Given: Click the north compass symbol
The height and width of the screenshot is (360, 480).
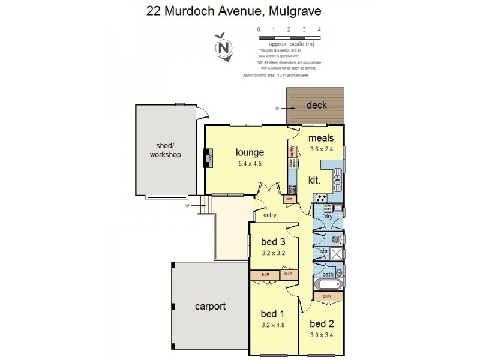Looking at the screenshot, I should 224,46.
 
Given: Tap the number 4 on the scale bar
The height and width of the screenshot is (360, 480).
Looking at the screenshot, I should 319,29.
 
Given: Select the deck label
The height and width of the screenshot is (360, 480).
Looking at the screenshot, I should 316,106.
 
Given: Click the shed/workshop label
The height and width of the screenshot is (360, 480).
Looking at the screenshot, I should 165,150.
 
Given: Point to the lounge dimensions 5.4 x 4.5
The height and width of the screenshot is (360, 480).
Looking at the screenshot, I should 249,163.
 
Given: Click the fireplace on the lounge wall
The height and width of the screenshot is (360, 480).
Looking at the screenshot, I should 208,158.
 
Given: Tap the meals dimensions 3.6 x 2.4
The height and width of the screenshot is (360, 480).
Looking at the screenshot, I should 321,149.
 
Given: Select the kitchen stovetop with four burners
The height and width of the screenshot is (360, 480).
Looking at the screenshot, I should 321,198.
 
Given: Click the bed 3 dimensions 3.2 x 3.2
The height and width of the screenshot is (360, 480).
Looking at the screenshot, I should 272,253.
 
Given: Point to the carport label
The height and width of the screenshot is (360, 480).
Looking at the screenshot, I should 210,307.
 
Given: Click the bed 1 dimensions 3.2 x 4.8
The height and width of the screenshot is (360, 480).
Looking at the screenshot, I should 272,325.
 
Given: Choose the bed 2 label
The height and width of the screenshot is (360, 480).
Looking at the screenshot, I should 322,324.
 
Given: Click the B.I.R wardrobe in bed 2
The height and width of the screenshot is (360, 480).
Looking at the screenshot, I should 328,296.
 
